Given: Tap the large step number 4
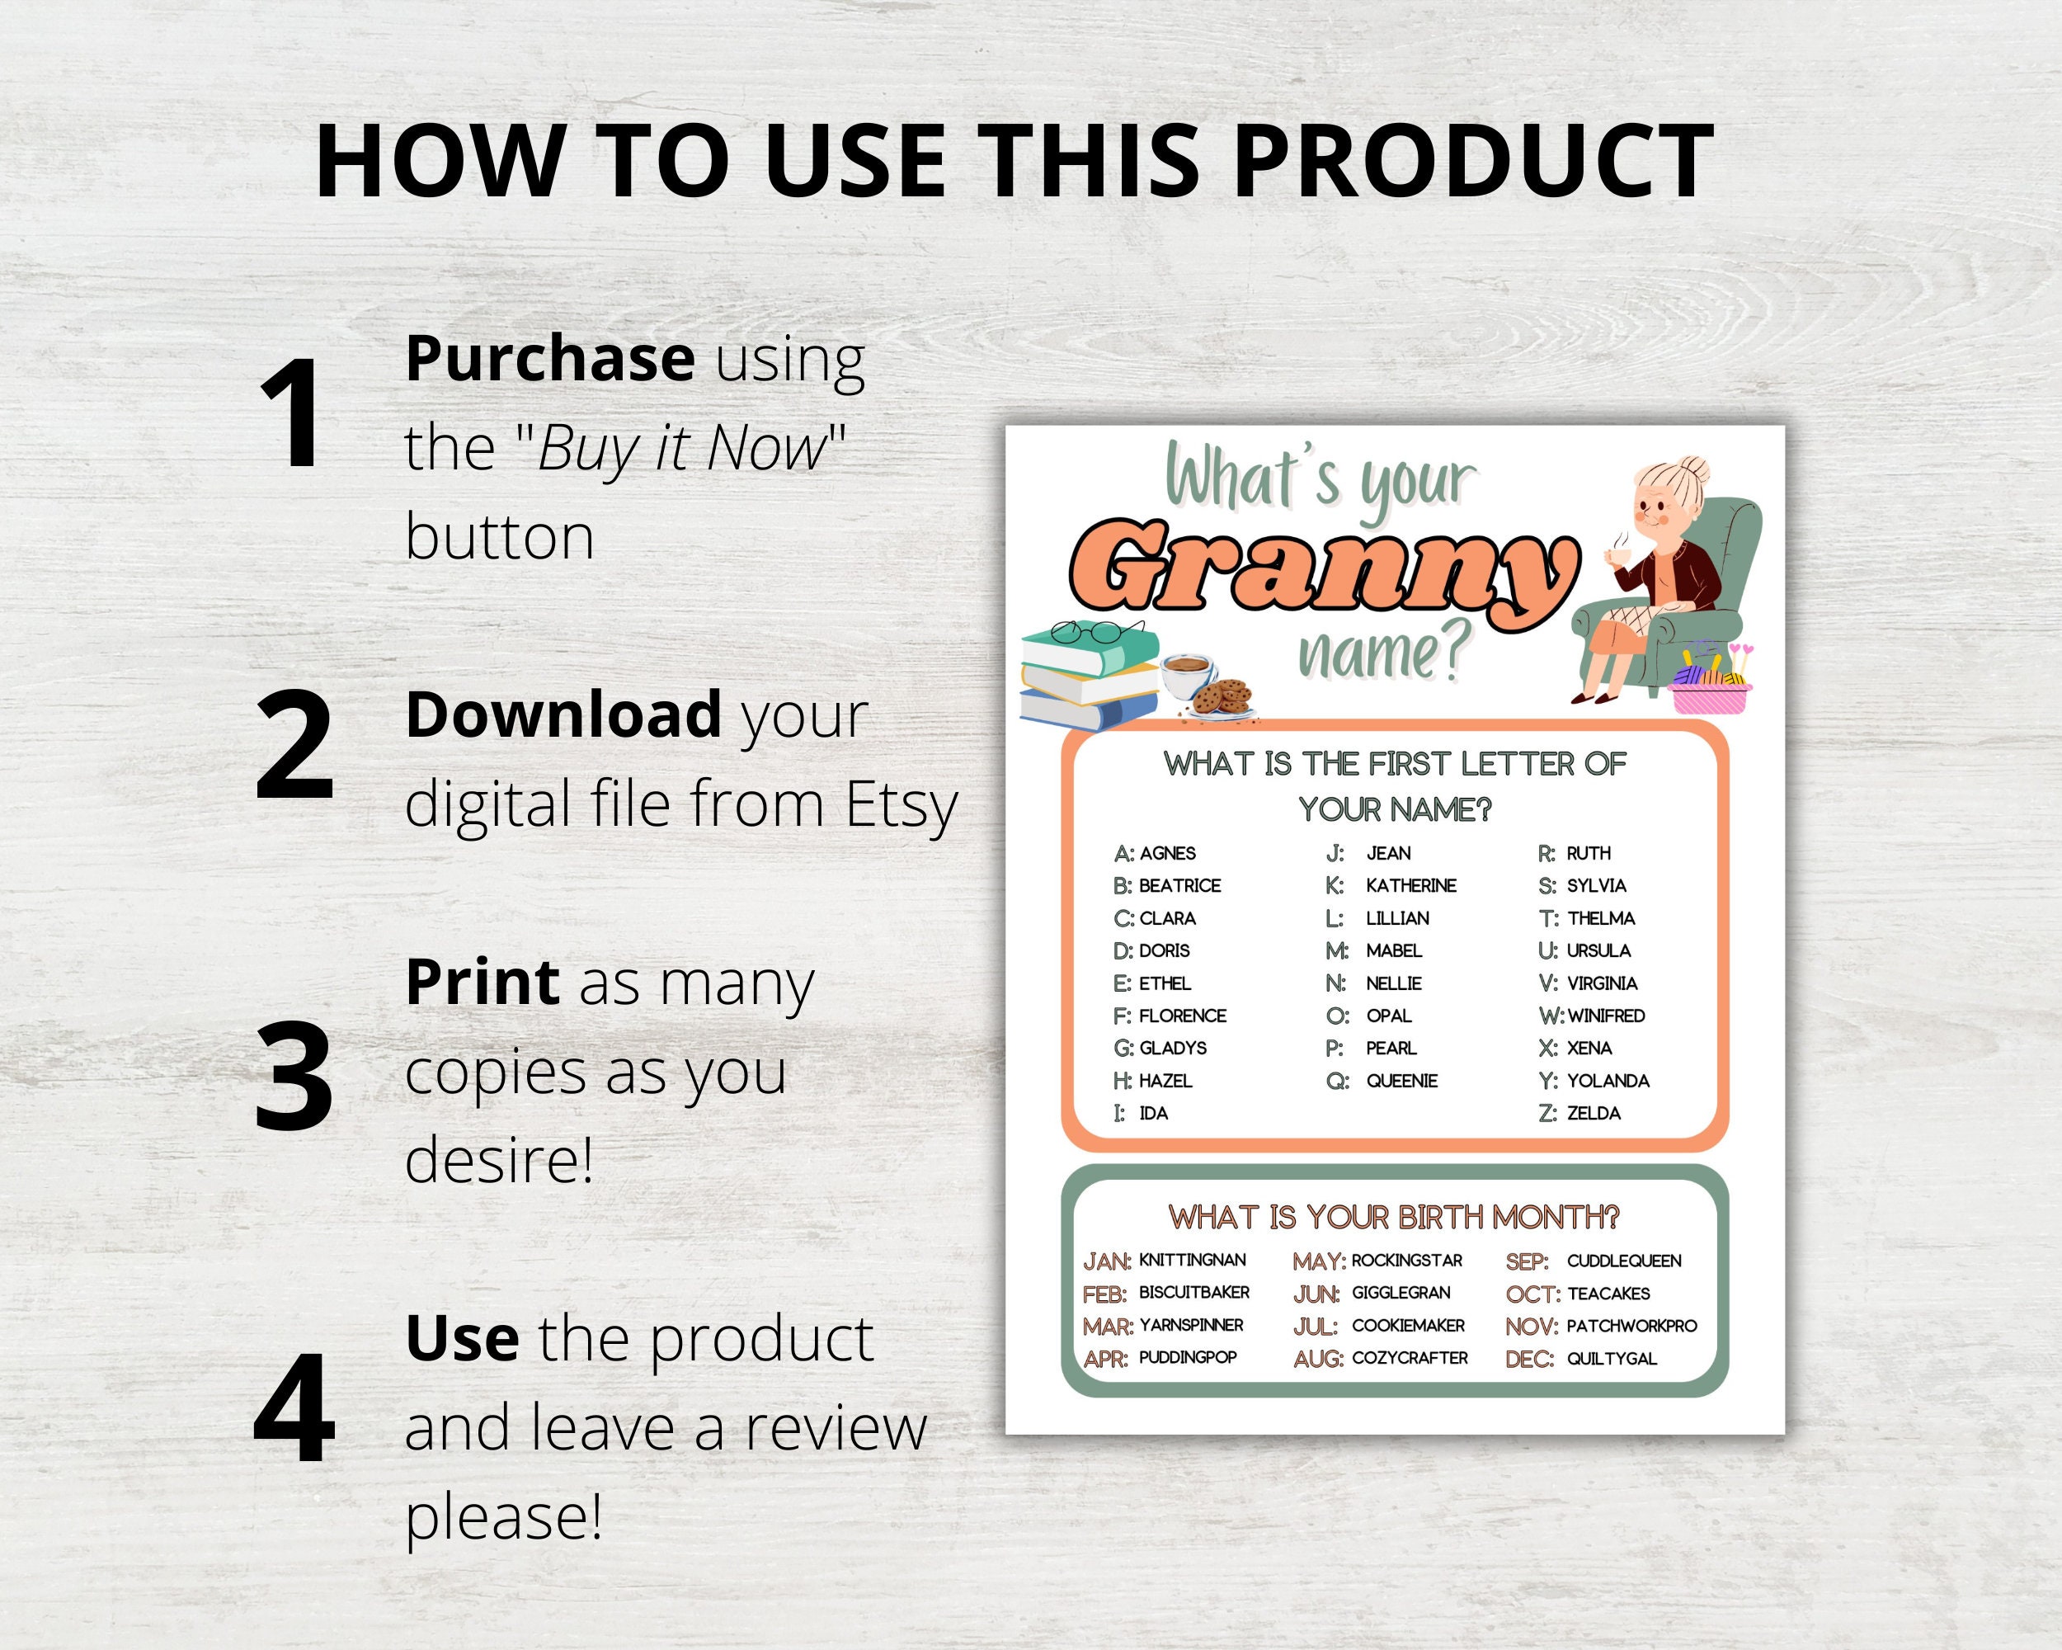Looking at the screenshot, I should [294, 1406].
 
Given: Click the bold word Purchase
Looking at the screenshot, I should [550, 358].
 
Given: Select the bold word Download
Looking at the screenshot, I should [563, 714].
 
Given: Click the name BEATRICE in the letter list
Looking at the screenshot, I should [1179, 886].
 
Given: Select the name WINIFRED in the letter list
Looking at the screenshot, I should [1606, 1016].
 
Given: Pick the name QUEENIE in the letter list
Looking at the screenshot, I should [1401, 1081].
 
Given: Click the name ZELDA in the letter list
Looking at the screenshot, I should [1594, 1114].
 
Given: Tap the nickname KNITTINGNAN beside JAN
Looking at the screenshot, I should [1192, 1260].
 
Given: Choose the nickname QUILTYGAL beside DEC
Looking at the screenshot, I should [1612, 1358].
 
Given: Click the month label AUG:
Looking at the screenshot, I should [1318, 1358].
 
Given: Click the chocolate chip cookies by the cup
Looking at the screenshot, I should [1222, 695].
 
